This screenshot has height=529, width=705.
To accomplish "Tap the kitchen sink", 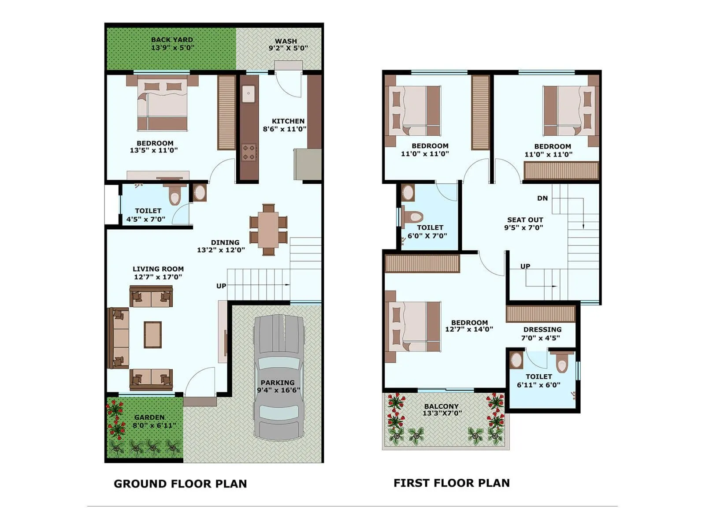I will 249,94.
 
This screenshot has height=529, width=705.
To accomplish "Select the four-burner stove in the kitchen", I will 249,152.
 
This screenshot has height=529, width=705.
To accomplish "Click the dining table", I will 268,229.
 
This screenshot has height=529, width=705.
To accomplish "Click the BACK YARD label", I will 172,40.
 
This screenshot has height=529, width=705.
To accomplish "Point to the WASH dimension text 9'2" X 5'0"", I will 288,48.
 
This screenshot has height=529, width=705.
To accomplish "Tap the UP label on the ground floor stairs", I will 221,286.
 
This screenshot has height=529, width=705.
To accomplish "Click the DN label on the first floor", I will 542,198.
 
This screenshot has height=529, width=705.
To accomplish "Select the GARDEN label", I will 149,417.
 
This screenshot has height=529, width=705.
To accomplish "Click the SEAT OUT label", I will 525,220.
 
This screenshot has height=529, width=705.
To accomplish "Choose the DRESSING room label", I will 542,329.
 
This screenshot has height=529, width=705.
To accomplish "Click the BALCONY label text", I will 441,406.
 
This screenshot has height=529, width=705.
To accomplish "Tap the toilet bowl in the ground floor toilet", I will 175,197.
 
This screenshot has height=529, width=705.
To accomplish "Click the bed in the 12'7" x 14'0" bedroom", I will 412,327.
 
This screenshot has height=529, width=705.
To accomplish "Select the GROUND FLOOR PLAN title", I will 180,484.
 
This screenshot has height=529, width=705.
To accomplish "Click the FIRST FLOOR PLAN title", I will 451,483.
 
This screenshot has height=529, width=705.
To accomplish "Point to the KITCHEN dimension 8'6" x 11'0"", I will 285,129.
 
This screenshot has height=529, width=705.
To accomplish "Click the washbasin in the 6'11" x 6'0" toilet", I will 516,360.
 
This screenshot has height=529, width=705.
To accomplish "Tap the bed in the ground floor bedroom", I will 162,104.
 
